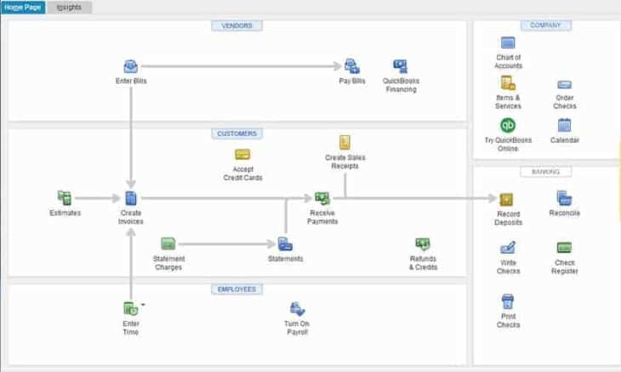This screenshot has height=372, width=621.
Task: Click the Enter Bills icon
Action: (131, 66)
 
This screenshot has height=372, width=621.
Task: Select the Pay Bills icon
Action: (351, 66)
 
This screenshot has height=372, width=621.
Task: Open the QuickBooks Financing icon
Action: (401, 66)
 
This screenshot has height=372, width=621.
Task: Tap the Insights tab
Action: (70, 8)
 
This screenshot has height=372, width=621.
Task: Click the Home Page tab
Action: (23, 8)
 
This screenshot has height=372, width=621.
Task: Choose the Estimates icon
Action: (65, 197)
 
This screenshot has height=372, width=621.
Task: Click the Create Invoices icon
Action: (131, 197)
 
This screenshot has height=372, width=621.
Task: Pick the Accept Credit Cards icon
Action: (242, 155)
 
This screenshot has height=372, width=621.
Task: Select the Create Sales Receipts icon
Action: (345, 142)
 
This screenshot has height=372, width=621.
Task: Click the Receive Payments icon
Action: (322, 197)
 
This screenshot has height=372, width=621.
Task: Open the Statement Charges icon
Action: (168, 243)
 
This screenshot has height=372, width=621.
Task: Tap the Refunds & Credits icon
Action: (423, 244)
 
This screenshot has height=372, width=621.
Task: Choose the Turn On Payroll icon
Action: (296, 308)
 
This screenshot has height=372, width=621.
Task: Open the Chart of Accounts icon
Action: (508, 43)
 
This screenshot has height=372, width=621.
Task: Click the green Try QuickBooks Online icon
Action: (508, 125)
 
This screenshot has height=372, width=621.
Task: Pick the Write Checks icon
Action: (508, 248)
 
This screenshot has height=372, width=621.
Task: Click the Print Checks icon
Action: (508, 300)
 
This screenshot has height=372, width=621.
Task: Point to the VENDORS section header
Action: (236, 26)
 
